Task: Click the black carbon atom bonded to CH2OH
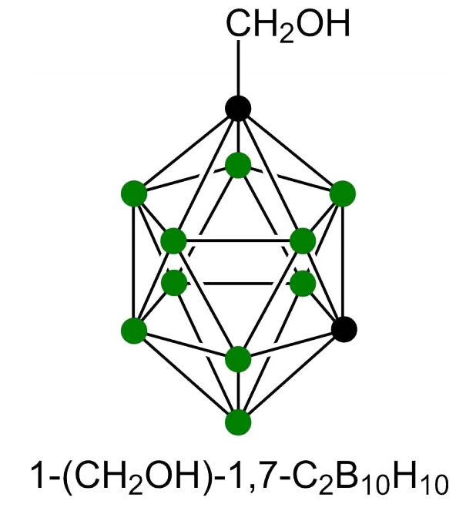click(239, 108)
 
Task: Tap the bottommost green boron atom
click(239, 422)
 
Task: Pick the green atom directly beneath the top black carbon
click(239, 165)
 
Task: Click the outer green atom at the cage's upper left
click(134, 193)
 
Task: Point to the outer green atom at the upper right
click(343, 193)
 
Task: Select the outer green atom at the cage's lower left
click(134, 330)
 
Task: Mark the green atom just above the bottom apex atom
click(239, 358)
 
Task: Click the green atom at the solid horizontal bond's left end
click(174, 241)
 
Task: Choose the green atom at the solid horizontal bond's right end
click(303, 241)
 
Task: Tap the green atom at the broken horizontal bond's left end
click(174, 283)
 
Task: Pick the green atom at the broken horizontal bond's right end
click(303, 283)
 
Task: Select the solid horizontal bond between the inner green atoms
click(239, 241)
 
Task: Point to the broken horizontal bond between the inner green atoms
click(239, 283)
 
